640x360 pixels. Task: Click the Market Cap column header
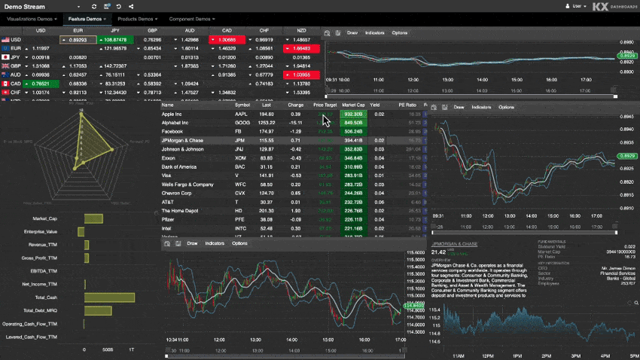pyautogui.click(x=353, y=105)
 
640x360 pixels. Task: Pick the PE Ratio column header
pyautogui.click(x=407, y=105)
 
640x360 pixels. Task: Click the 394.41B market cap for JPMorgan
pyautogui.click(x=353, y=141)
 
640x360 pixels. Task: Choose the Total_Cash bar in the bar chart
pyautogui.click(x=109, y=297)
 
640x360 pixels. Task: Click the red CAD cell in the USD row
pyautogui.click(x=227, y=40)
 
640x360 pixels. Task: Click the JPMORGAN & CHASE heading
pyautogui.click(x=455, y=244)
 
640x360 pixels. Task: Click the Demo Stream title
pyautogui.click(x=24, y=6)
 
